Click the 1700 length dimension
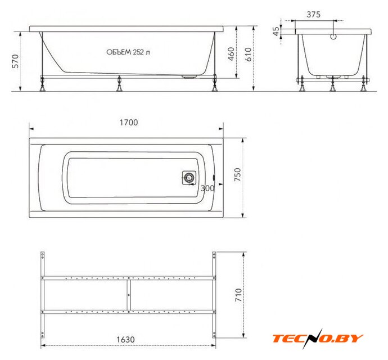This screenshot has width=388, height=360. [129, 122]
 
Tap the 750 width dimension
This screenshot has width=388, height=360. [237, 174]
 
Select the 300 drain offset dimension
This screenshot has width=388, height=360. [207, 188]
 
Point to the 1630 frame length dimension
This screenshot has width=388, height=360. [126, 339]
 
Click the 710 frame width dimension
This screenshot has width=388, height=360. [238, 295]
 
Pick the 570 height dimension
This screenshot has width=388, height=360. [15, 61]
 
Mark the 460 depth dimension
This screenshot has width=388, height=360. [231, 54]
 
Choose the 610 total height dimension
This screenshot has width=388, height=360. [248, 54]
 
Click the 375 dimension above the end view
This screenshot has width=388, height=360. [314, 15]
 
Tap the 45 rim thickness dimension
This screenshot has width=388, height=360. [276, 31]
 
